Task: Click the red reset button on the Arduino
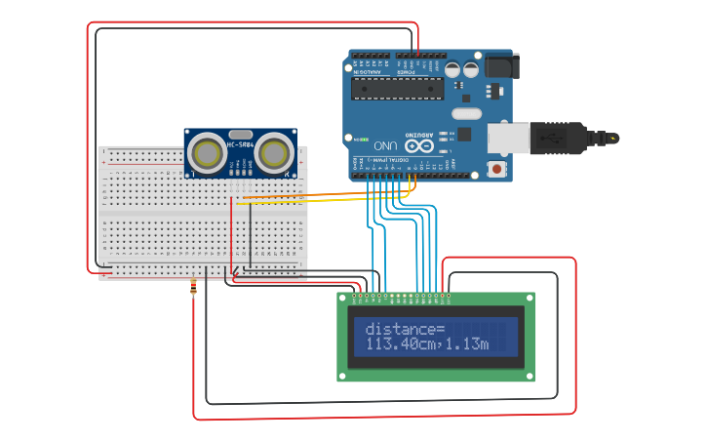click(x=497, y=169)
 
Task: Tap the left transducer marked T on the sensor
click(x=207, y=153)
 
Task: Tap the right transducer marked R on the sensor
click(x=276, y=153)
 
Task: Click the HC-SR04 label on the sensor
click(x=241, y=145)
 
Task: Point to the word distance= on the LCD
click(x=405, y=330)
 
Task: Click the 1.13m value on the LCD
click(x=469, y=344)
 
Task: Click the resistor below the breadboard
click(x=194, y=288)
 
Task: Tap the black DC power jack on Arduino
click(x=501, y=65)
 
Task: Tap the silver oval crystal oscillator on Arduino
click(x=467, y=114)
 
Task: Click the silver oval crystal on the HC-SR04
click(x=241, y=134)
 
